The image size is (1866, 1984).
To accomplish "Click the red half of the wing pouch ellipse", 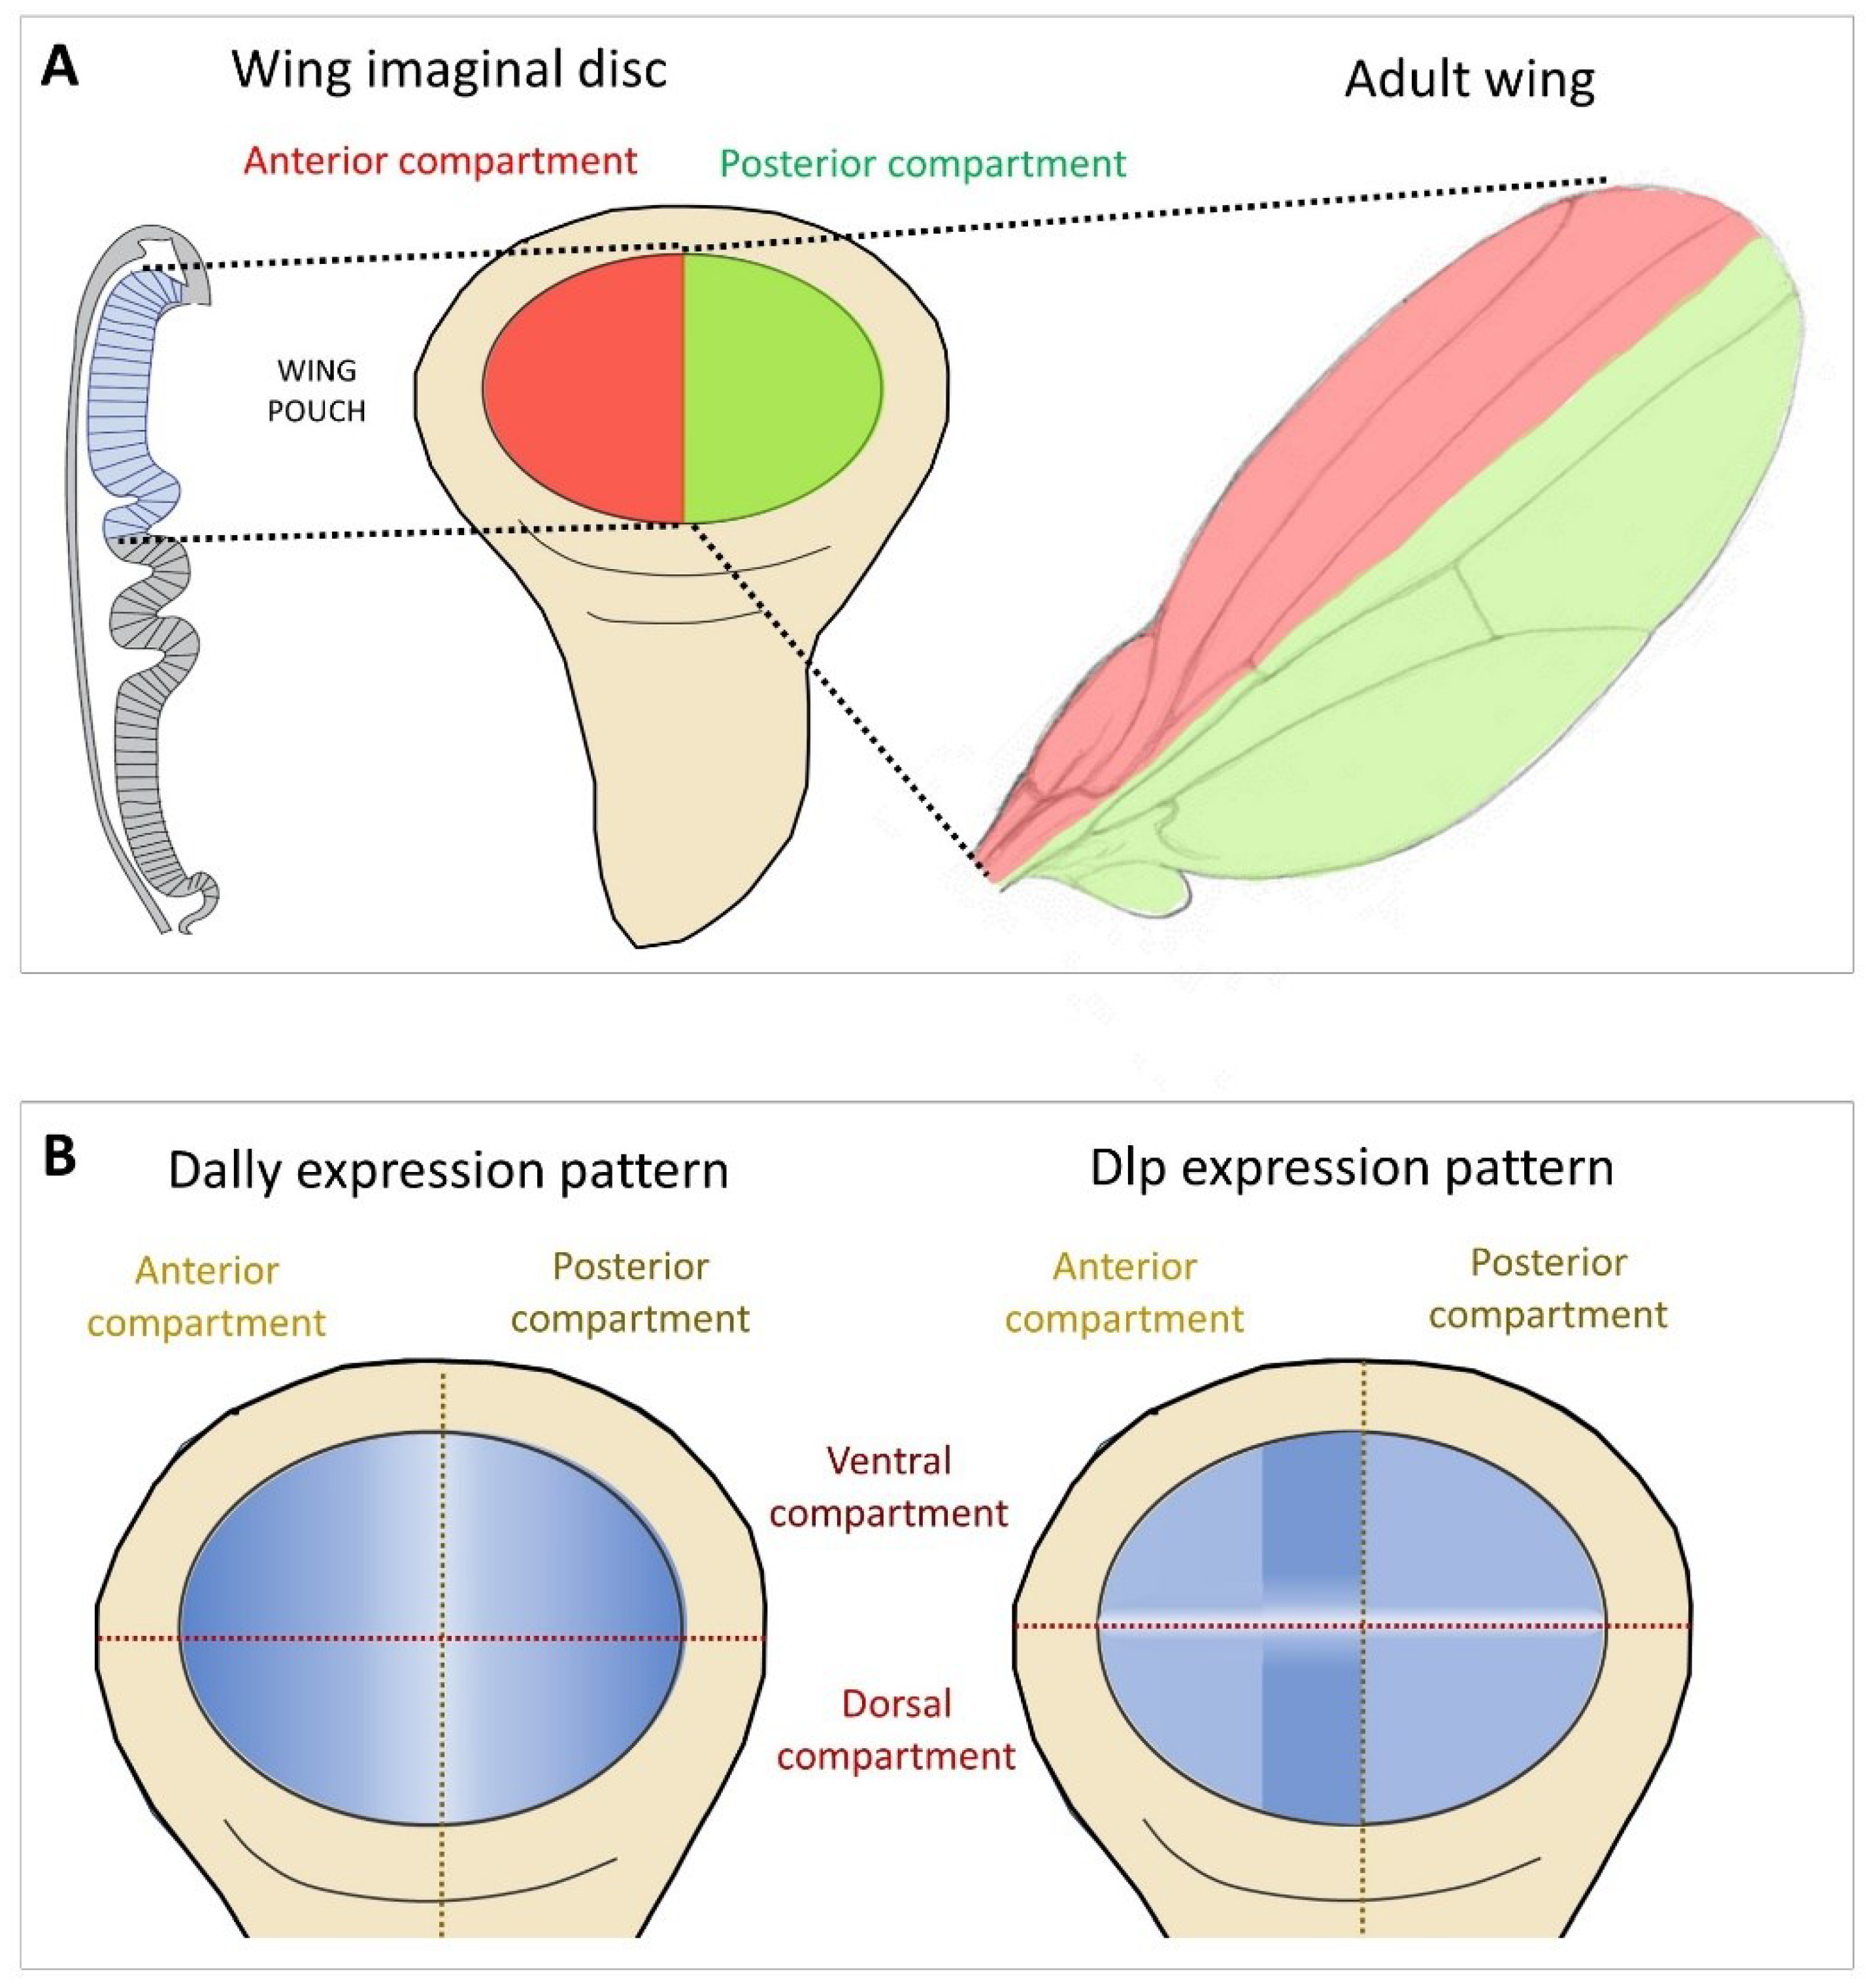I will point(584,389).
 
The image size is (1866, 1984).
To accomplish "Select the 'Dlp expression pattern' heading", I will point(1351,1167).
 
